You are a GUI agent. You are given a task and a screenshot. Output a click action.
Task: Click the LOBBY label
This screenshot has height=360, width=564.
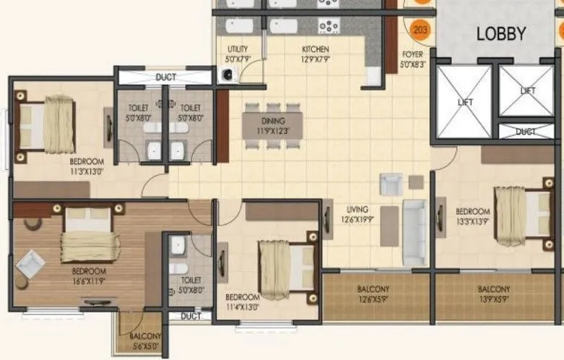[500, 33]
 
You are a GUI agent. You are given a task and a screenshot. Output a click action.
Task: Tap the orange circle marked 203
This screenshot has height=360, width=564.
[419, 30]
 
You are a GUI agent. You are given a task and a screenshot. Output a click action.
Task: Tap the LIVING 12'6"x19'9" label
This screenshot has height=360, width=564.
[359, 216]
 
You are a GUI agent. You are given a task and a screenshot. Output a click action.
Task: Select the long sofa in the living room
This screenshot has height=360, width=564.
[414, 231]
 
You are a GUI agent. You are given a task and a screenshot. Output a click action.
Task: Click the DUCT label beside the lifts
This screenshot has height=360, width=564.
[526, 132]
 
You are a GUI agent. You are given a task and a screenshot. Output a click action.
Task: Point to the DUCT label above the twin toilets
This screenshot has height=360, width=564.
[166, 77]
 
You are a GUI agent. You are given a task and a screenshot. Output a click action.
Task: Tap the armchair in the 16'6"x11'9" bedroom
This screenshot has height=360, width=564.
[30, 263]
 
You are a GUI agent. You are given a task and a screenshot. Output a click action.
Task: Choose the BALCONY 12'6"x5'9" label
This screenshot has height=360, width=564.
[372, 293]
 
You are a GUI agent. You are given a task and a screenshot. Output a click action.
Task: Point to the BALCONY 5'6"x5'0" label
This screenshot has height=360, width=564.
[145, 341]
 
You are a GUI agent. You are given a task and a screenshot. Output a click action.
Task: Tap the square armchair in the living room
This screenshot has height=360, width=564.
[390, 184]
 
